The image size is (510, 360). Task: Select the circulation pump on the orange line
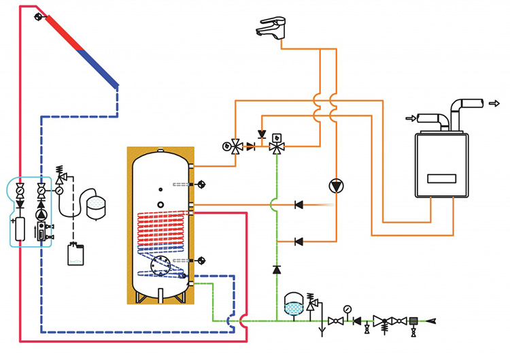[336, 185]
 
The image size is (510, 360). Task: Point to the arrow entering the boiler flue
[411, 118]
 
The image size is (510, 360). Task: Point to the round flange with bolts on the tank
[160, 265]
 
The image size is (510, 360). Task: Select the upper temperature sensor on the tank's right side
[201, 184]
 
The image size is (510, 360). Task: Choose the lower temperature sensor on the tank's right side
[201, 261]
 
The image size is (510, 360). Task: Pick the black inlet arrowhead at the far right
[430, 320]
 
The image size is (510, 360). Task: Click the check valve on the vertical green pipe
[277, 269]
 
